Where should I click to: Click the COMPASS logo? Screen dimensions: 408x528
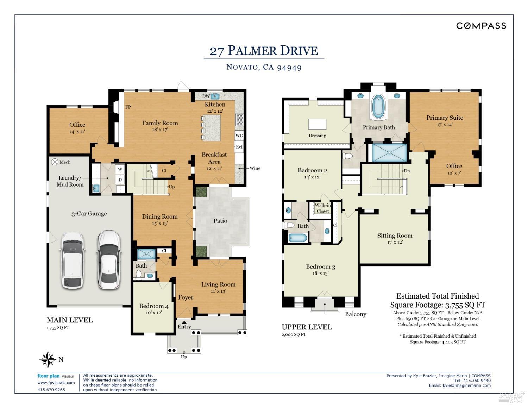[x=481, y=26]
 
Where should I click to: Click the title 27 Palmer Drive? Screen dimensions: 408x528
[x=264, y=51]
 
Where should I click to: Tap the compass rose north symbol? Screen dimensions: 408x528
[x=48, y=359]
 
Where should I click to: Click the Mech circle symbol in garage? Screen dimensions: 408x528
[x=55, y=162]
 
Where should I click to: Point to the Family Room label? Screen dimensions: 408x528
[x=160, y=123]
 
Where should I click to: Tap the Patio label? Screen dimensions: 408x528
[x=220, y=221]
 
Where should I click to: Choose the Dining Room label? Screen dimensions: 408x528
[x=160, y=216]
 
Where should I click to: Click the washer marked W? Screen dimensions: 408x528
[x=120, y=169]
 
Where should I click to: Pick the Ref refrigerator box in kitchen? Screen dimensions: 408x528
[x=239, y=147]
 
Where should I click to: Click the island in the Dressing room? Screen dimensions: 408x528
[x=317, y=125]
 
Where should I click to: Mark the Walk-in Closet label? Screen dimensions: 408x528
[x=322, y=208]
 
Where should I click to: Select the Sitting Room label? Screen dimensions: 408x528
[x=395, y=236]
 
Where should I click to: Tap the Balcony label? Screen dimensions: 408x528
[x=355, y=314]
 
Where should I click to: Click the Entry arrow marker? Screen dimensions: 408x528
[x=184, y=322]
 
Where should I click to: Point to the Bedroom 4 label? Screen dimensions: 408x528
[x=154, y=306]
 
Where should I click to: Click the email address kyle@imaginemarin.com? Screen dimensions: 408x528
[x=466, y=385]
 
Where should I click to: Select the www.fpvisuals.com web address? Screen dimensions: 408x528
[x=56, y=383]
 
